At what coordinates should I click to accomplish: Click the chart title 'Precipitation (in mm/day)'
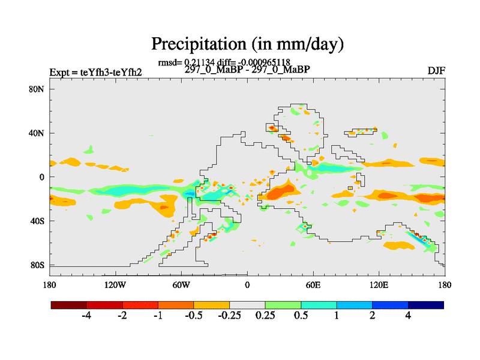pos(247,43)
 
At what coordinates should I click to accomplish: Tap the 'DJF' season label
pos(436,71)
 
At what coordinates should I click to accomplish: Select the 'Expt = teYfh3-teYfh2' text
pos(96,73)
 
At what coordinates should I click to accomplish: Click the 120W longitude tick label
pos(115,284)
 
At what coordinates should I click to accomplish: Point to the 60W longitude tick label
pos(181,284)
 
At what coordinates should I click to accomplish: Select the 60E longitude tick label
pos(313,284)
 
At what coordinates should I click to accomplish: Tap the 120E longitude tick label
pos(379,284)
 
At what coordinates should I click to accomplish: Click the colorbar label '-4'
pos(86,316)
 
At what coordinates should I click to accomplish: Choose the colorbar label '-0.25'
pos(229,316)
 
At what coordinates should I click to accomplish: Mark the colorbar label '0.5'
pos(301,316)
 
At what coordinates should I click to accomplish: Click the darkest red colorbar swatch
pos(69,305)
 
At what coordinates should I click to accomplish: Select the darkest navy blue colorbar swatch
pos(426,305)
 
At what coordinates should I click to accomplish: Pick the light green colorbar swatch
pos(283,305)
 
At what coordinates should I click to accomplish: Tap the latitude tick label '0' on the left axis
pos(42,177)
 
